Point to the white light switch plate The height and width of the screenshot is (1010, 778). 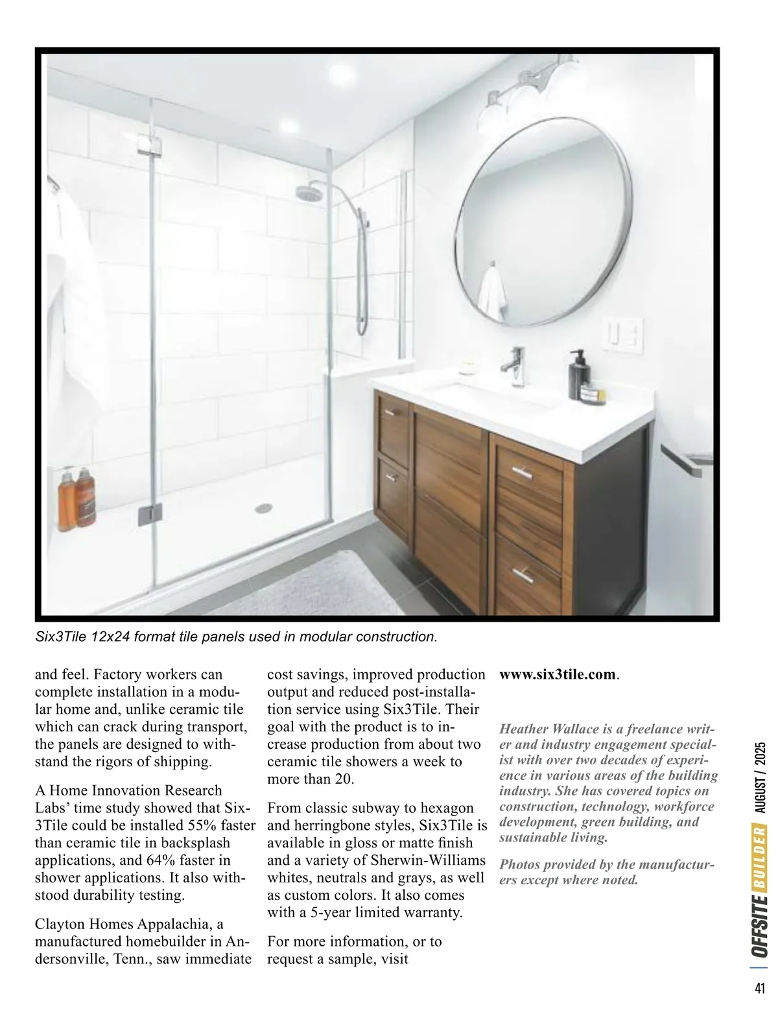(x=623, y=335)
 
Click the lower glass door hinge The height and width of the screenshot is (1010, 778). (x=146, y=514)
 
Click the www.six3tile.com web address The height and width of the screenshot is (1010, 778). (x=557, y=674)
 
